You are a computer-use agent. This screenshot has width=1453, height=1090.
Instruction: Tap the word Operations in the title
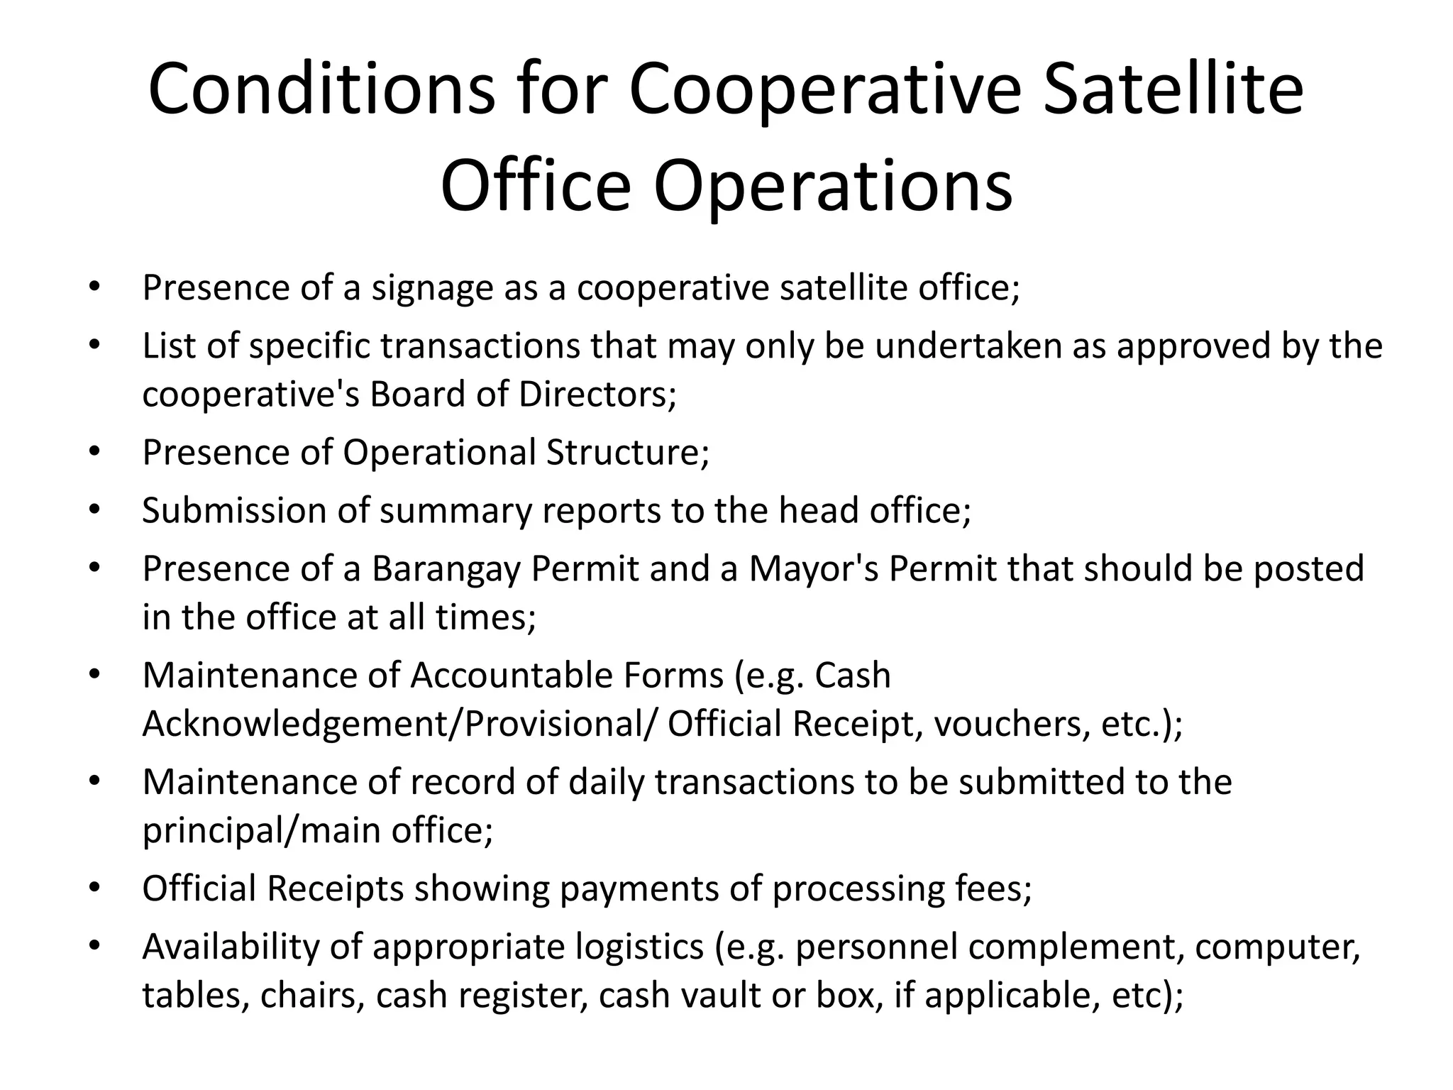coord(833,186)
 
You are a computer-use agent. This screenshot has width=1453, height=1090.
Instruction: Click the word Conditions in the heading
coord(321,89)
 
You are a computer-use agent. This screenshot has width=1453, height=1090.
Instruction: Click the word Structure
coord(627,452)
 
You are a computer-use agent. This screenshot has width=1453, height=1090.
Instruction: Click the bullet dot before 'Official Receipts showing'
coord(94,888)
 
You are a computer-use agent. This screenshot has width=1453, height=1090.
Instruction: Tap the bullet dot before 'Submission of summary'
coord(94,511)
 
